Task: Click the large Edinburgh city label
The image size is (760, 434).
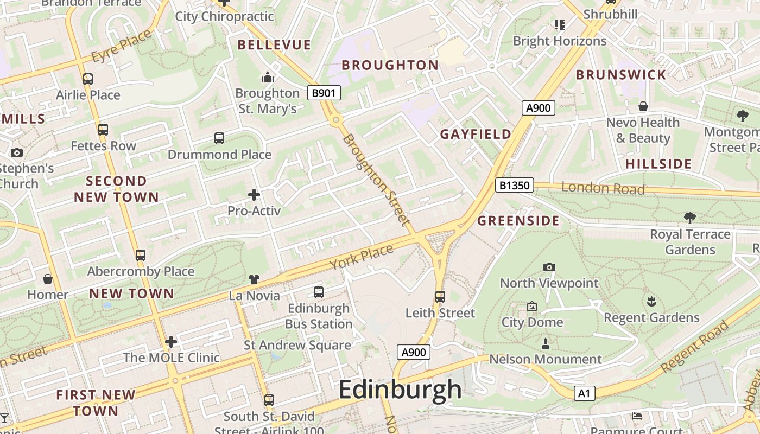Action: click(400, 390)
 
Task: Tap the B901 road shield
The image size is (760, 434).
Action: click(324, 93)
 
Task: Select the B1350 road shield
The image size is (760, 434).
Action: click(514, 186)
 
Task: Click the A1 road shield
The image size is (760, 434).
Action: click(584, 393)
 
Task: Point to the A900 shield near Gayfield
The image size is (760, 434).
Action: click(539, 108)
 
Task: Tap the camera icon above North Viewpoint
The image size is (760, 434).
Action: click(549, 267)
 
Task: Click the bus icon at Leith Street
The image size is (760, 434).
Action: click(440, 297)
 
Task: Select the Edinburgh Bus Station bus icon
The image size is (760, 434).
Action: click(319, 292)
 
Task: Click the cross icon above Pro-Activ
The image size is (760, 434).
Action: click(254, 194)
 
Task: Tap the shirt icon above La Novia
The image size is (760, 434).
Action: click(254, 279)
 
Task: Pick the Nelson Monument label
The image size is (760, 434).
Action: click(546, 359)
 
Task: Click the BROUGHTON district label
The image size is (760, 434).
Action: click(390, 65)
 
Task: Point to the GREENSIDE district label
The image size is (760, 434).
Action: click(518, 221)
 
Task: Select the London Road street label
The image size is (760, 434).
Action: click(603, 188)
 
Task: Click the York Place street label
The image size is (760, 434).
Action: click(361, 257)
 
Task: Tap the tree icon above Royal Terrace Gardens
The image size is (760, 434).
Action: click(690, 218)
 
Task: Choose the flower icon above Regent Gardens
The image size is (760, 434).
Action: click(651, 301)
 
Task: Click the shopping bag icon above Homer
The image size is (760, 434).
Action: click(48, 279)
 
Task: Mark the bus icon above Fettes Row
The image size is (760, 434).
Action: click(103, 130)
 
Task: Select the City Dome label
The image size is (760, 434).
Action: click(532, 322)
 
